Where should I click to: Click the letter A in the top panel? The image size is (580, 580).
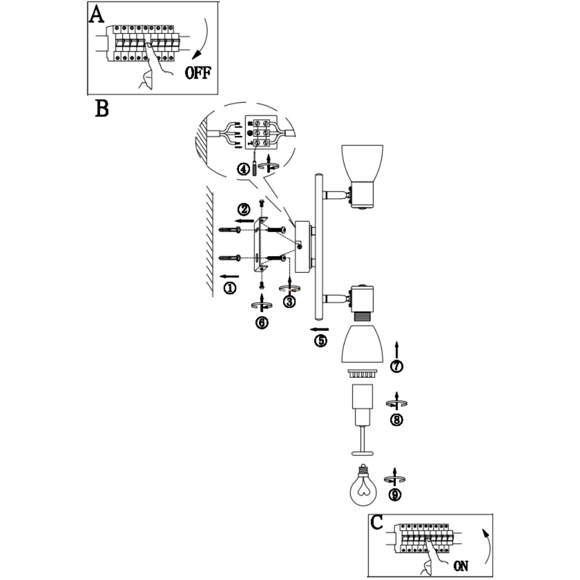pyautogui.click(x=96, y=14)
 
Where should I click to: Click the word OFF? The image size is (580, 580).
pyautogui.click(x=198, y=73)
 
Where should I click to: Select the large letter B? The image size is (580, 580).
pyautogui.click(x=102, y=108)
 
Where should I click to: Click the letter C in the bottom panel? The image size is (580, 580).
pyautogui.click(x=377, y=522)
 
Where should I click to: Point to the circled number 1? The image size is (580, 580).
pyautogui.click(x=230, y=288)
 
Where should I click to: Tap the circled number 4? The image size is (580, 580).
pyautogui.click(x=244, y=169)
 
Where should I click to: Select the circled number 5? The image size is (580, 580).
pyautogui.click(x=320, y=340)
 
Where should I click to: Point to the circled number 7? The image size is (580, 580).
pyautogui.click(x=396, y=366)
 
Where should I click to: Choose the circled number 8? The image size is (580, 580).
pyautogui.click(x=396, y=420)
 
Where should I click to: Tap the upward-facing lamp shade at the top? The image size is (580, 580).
pyautogui.click(x=363, y=161)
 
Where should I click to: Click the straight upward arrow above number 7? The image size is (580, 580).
pyautogui.click(x=396, y=348)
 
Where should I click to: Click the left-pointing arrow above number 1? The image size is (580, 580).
pyautogui.click(x=228, y=274)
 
